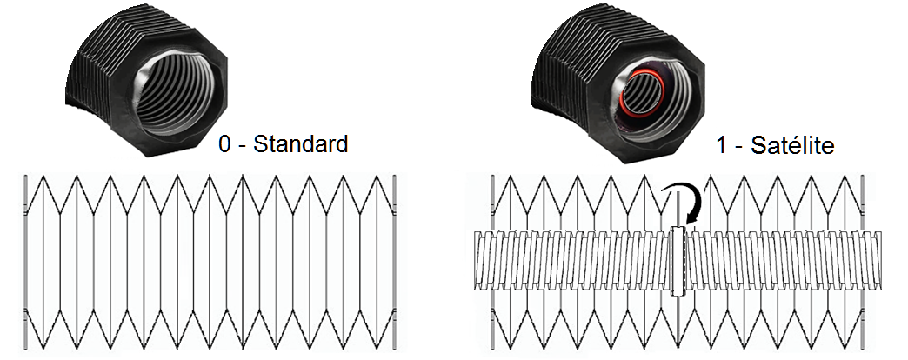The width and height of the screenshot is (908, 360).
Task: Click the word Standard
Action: coord(300,143)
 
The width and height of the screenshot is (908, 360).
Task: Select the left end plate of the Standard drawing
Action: coord(26,262)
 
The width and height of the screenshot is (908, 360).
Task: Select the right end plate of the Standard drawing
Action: coord(395,262)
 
